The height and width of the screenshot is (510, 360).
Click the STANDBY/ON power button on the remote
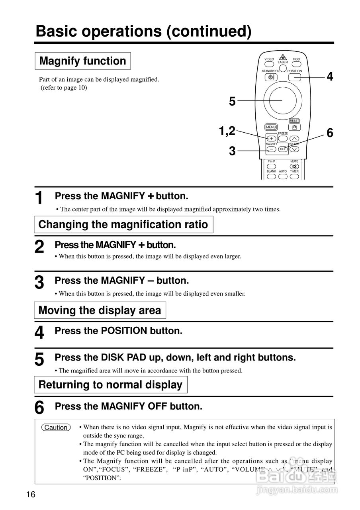[x=270, y=77]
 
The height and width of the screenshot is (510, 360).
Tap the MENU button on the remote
[x=271, y=127]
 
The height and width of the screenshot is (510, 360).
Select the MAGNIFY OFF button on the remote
[x=282, y=149]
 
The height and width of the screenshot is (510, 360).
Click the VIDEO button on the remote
[x=269, y=64]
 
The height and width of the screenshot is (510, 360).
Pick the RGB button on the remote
[x=296, y=64]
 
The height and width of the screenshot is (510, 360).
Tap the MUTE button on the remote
[x=294, y=166]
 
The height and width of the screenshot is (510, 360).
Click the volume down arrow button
[x=294, y=149]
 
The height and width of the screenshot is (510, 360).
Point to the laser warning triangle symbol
[x=283, y=57]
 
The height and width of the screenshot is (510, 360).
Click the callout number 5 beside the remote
[x=232, y=102]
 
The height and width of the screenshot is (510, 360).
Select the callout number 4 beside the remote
[x=330, y=76]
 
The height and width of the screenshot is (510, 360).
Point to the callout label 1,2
[x=227, y=131]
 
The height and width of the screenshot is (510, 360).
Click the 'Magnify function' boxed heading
[x=83, y=61]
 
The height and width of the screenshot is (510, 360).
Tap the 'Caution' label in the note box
[x=56, y=428]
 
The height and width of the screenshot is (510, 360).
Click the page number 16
[x=31, y=495]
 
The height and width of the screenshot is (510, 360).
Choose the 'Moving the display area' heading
[x=100, y=310]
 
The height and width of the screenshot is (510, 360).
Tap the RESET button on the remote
[x=294, y=127]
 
